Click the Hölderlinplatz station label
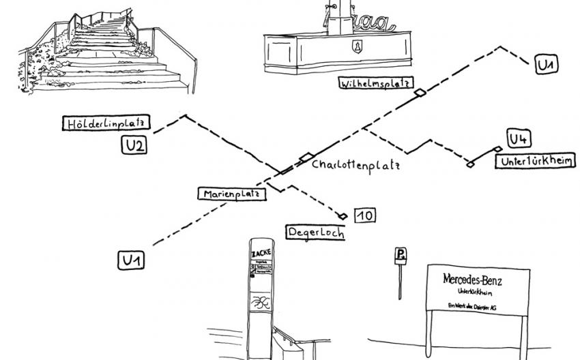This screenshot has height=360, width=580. pos(106,123)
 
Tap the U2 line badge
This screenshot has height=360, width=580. pos(134,145)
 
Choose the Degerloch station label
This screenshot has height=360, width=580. pos(315,231)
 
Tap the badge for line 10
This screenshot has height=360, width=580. pos(364,215)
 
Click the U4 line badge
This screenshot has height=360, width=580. pos(519,138)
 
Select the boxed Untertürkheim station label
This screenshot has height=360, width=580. pos(536,161)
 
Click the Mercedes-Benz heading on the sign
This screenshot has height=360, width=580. pos(477,279)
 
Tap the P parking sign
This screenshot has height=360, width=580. pos(401,256)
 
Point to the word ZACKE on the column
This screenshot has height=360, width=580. pos(261,252)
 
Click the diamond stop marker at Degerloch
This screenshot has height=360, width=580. pos(343,216)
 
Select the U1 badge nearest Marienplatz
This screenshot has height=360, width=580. pos(133,260)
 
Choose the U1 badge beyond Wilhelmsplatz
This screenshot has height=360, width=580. pos(546,65)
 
